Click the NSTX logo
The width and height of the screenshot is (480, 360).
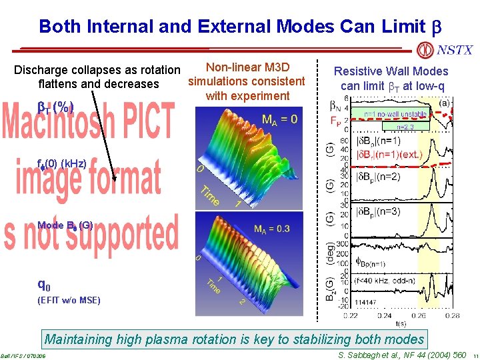[444, 50]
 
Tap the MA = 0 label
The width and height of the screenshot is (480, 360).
[280, 120]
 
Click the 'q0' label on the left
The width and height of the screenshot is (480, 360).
[44, 285]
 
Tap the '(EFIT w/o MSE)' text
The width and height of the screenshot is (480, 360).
[69, 300]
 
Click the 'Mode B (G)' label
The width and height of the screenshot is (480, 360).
[65, 225]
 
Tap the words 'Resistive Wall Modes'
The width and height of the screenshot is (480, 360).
[391, 71]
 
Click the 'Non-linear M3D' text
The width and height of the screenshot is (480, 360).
[247, 67]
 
